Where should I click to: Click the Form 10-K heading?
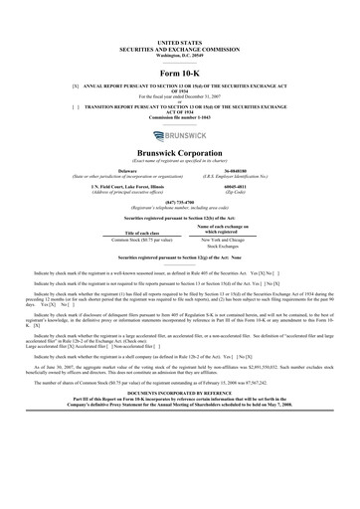tap(179, 74)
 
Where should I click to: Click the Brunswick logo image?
tap(179, 135)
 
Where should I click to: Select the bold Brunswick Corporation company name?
tap(179, 153)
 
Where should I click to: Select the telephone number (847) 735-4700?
tap(179, 202)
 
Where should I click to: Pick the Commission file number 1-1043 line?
tap(179, 120)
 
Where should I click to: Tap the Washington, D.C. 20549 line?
tap(179, 54)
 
